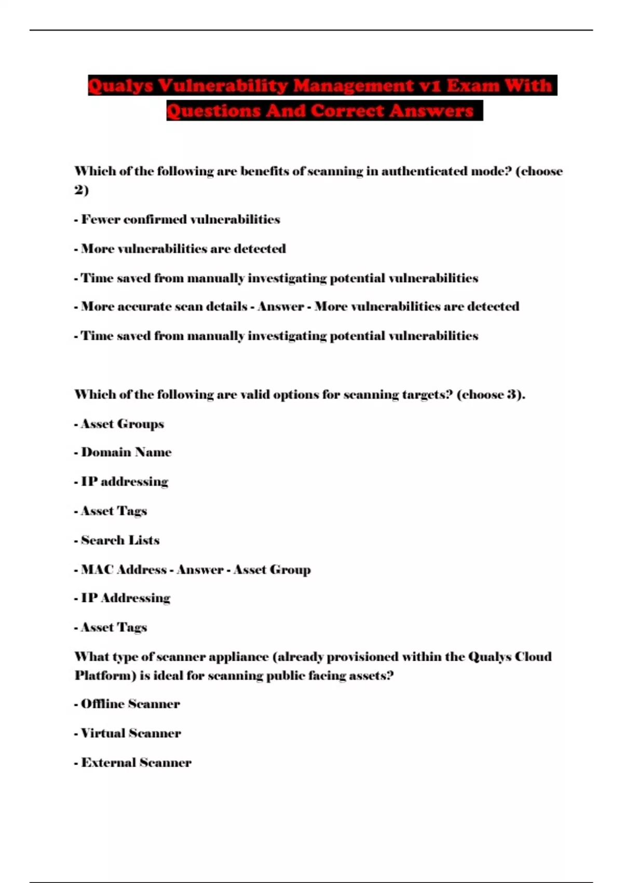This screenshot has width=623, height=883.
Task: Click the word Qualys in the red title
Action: point(120,86)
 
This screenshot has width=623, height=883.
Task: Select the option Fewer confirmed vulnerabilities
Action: point(180,220)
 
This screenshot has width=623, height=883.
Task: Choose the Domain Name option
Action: point(126,452)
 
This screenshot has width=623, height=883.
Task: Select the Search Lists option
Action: point(120,540)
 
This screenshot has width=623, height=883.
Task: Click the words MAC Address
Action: point(124,570)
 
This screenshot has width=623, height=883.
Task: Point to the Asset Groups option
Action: point(122,424)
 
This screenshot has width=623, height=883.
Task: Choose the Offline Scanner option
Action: point(130,704)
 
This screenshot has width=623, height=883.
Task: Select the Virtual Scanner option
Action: point(131,733)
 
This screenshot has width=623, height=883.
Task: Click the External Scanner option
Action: point(136,762)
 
